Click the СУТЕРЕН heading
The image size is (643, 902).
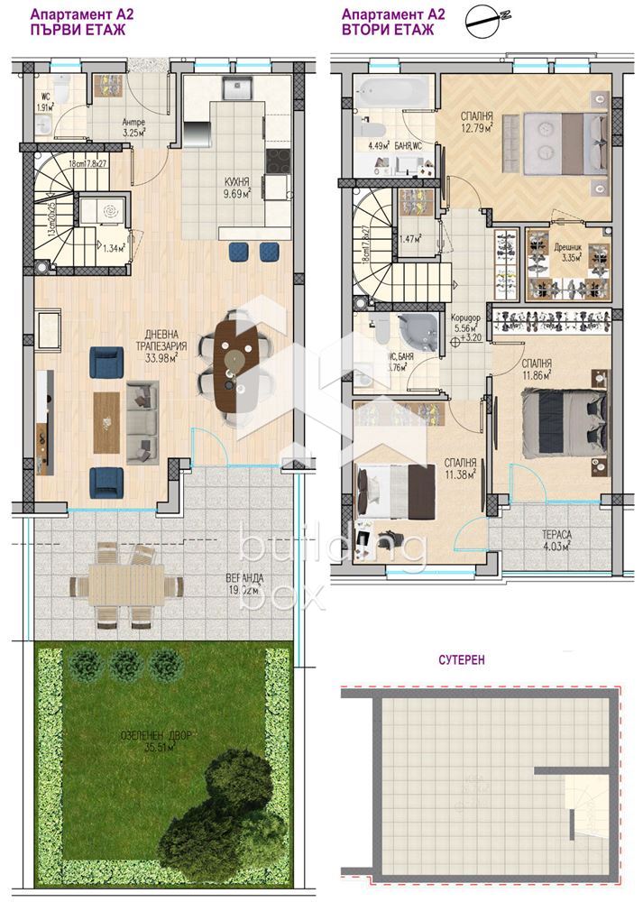click(463, 659)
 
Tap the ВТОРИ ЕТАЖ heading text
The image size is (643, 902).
click(388, 30)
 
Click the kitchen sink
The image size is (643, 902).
click(236, 88)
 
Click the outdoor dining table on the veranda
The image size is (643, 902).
click(126, 585)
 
